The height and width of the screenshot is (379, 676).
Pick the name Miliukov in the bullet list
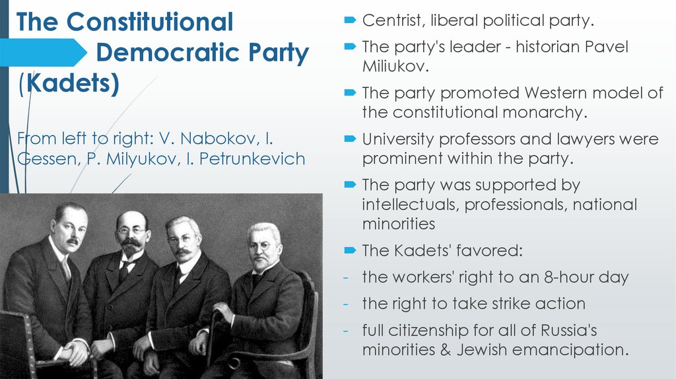[393, 66]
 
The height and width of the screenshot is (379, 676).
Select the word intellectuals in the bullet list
[409, 205]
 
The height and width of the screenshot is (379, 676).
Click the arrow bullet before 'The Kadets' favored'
[350, 251]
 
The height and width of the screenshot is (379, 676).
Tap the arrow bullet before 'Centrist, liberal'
[350, 21]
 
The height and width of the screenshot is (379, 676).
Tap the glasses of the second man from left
[132, 231]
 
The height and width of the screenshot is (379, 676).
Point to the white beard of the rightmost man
[262, 262]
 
